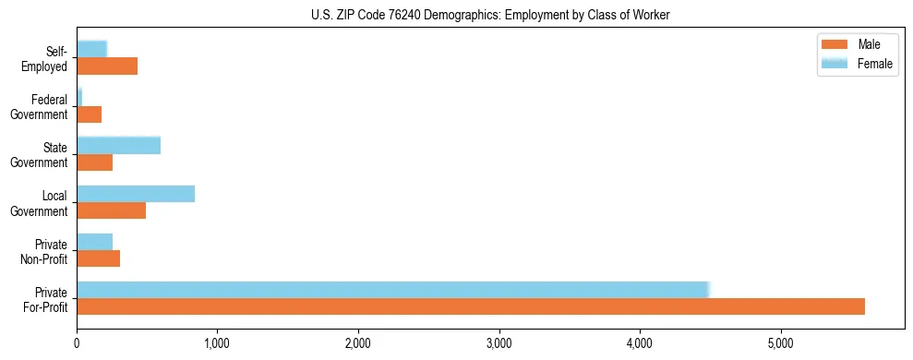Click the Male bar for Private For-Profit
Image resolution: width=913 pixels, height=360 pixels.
[471, 306]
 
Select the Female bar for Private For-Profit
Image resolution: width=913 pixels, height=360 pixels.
[392, 289]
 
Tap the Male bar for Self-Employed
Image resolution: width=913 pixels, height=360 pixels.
[107, 66]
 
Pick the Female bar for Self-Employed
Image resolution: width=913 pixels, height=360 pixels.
[92, 49]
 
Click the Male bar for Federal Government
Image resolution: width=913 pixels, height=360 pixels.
[90, 114]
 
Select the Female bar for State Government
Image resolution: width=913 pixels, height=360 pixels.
[118, 145]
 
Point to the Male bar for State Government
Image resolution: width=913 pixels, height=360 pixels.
[94, 162]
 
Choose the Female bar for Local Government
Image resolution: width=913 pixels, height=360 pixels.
[136, 193]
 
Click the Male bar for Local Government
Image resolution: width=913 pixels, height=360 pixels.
[111, 210]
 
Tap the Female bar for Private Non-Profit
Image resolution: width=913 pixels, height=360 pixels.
[94, 241]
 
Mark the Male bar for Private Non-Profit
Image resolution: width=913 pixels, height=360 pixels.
[98, 258]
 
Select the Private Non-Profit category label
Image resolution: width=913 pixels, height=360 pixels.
[43, 251]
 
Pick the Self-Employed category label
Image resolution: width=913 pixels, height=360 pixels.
[43, 59]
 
